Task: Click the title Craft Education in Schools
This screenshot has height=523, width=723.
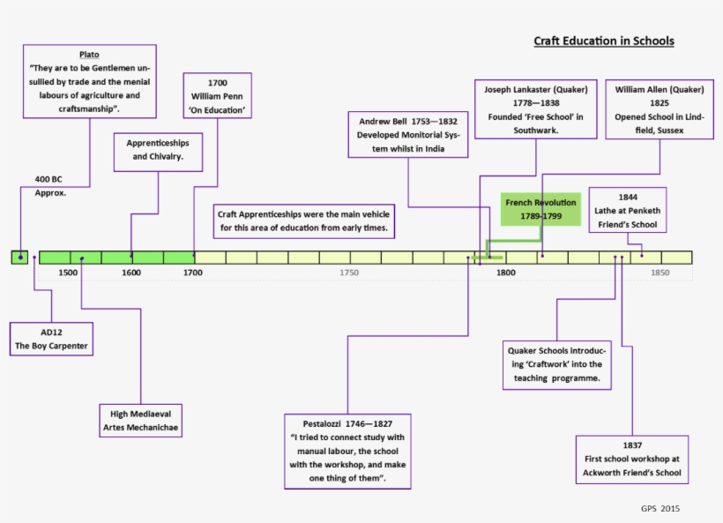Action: (x=604, y=41)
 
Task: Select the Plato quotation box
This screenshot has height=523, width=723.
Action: (x=90, y=81)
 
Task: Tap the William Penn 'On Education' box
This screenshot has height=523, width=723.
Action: (x=218, y=96)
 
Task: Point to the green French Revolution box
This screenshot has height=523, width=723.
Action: (x=540, y=209)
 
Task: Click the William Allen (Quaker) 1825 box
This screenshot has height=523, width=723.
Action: (x=660, y=109)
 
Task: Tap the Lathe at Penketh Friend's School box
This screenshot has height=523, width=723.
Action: (x=627, y=211)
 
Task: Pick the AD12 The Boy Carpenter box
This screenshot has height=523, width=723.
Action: (x=51, y=339)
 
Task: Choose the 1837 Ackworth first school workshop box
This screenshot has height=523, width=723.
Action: (x=631, y=459)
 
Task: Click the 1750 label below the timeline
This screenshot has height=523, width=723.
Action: (x=348, y=273)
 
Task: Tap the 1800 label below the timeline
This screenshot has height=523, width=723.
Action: (x=505, y=273)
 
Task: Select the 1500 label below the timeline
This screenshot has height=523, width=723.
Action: (x=68, y=273)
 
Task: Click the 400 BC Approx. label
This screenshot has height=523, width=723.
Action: (x=50, y=185)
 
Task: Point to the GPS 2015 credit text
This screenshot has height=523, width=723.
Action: (x=660, y=508)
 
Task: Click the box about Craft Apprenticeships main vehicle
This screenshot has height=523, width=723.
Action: (x=303, y=220)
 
